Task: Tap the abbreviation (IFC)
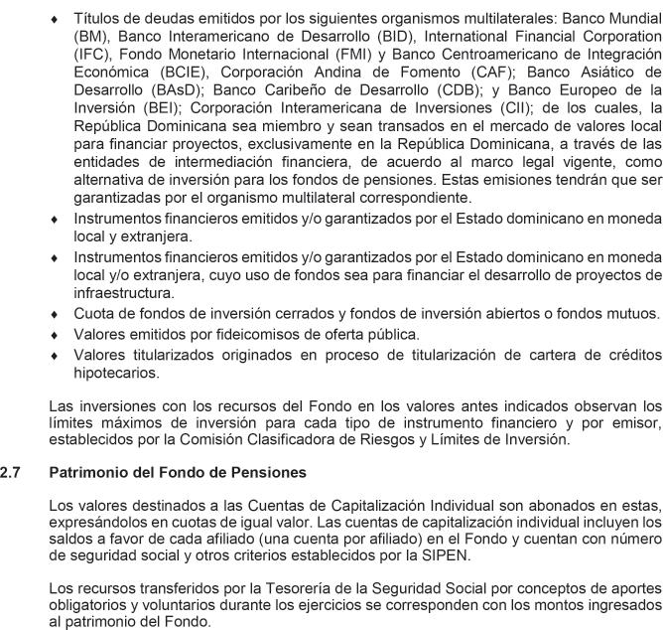92,54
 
